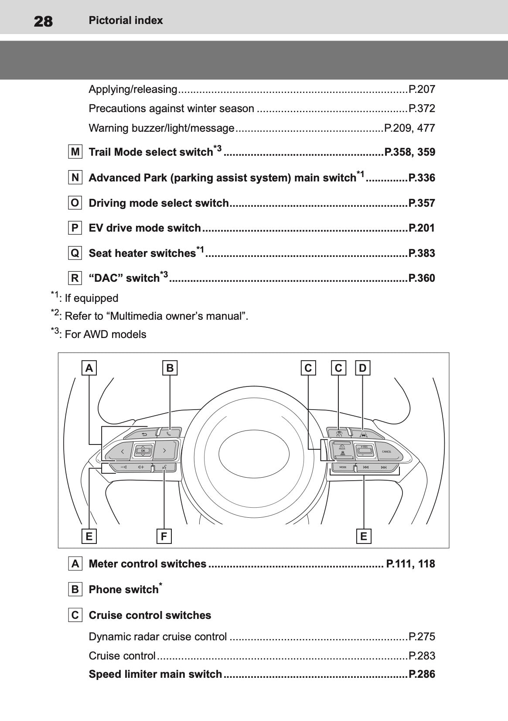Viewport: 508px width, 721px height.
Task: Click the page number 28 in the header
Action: (x=43, y=21)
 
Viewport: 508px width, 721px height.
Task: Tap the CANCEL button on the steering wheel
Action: (x=386, y=452)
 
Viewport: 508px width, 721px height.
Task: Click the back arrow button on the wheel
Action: (x=144, y=434)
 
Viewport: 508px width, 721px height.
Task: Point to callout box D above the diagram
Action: (x=362, y=368)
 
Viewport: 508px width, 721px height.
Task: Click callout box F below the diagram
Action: (x=164, y=536)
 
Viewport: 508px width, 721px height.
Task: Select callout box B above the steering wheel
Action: (x=170, y=368)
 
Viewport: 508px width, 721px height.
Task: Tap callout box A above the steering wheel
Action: (x=89, y=368)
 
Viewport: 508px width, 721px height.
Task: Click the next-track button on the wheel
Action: (x=384, y=468)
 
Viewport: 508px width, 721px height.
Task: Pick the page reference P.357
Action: (x=421, y=203)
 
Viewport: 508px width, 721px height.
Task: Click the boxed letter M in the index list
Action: (x=75, y=152)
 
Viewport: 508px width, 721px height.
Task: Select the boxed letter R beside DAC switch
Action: (x=75, y=278)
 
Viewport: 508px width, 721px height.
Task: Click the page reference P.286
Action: (x=421, y=674)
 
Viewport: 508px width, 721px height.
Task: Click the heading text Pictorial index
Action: (x=126, y=21)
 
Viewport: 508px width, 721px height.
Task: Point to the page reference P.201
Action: (x=421, y=228)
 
